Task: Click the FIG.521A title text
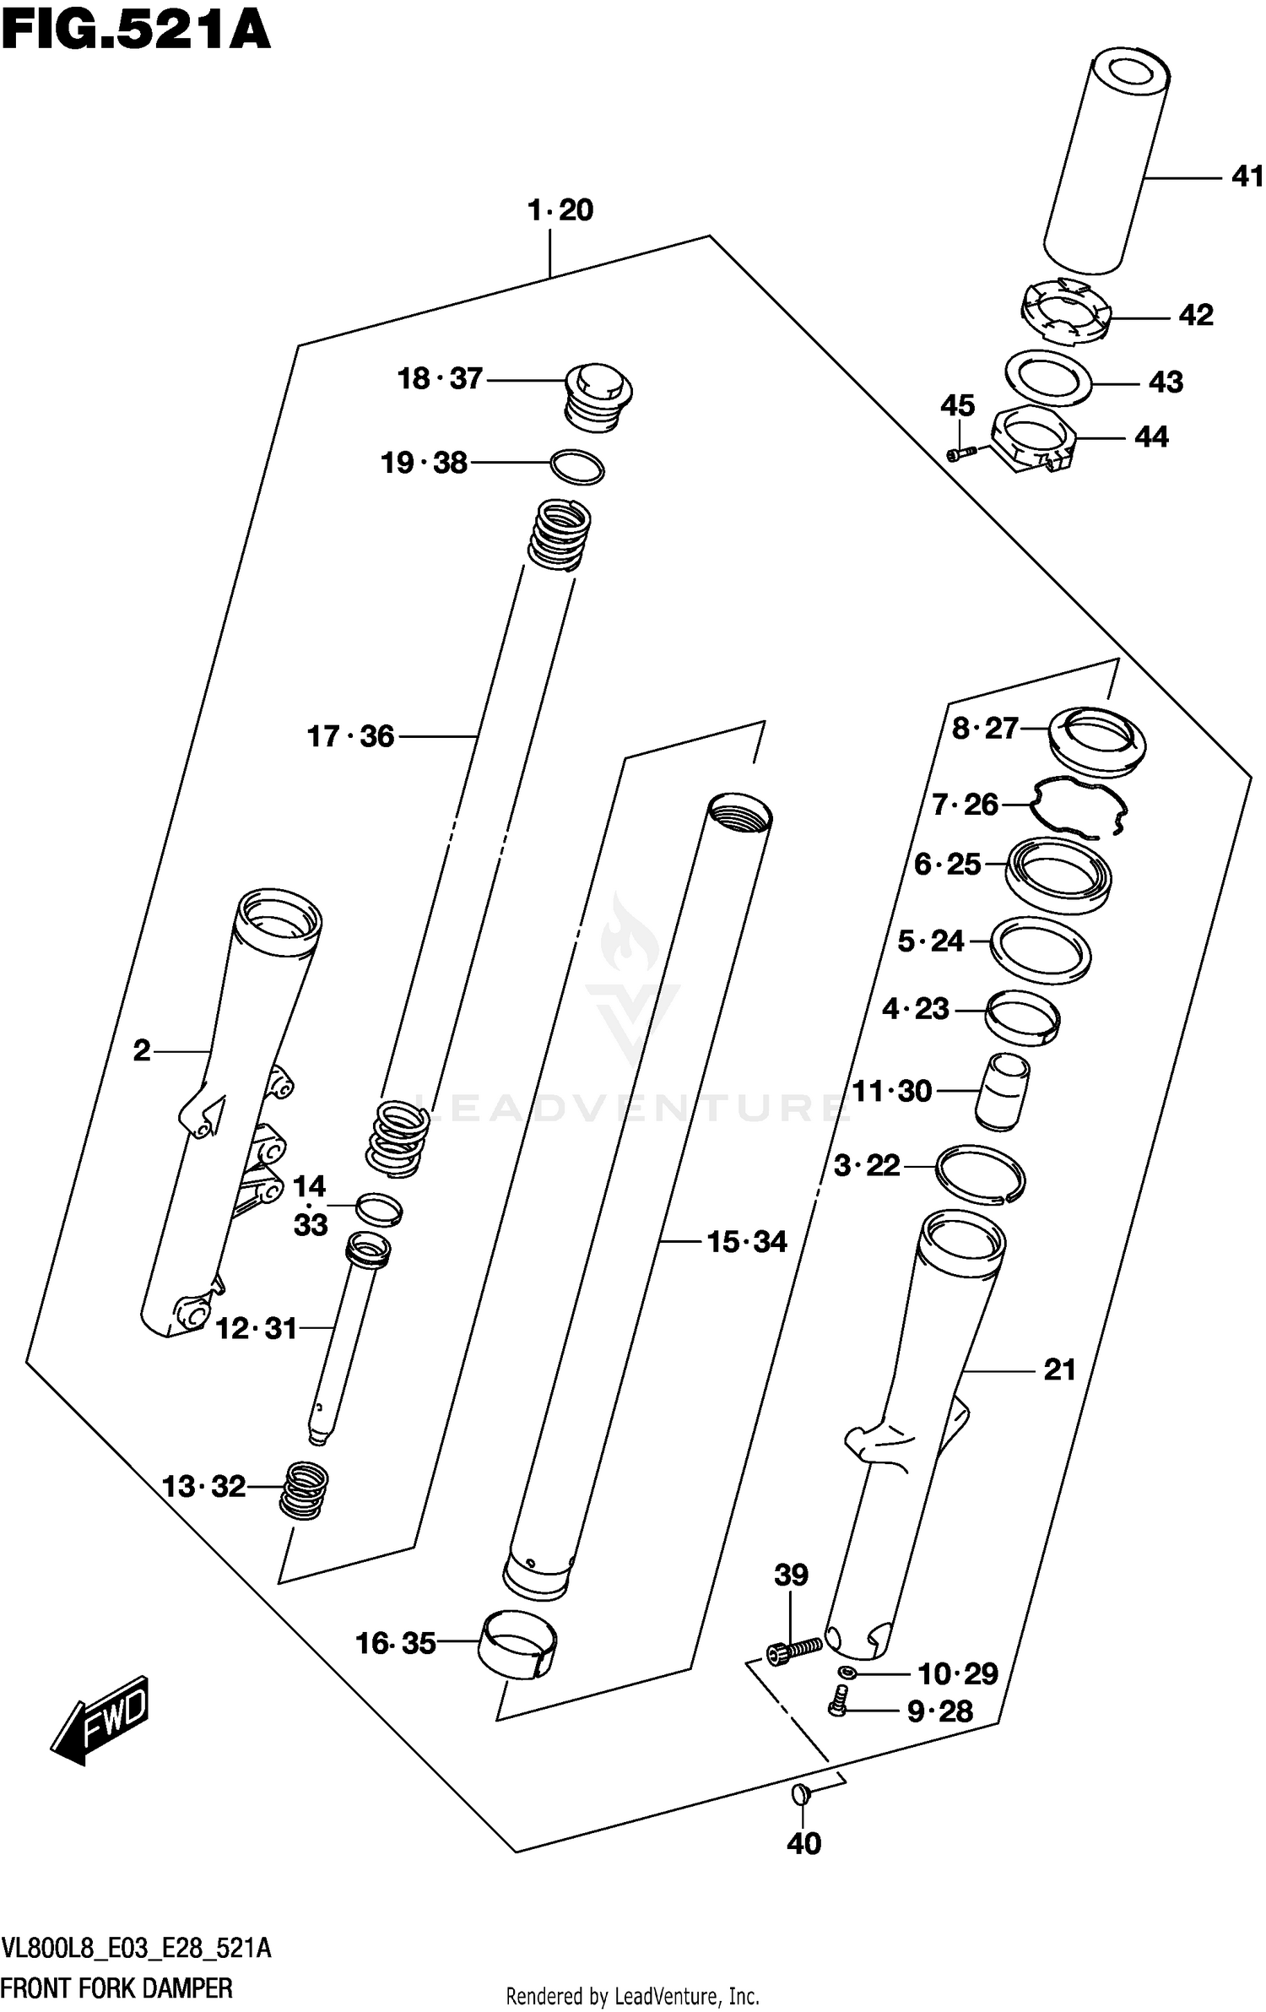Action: pyautogui.click(x=135, y=32)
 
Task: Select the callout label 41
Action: pyautogui.click(x=1247, y=176)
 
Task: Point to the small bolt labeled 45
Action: pyautogui.click(x=960, y=454)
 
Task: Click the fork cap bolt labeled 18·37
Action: pyautogui.click(x=598, y=395)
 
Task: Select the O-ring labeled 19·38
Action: pyautogui.click(x=577, y=467)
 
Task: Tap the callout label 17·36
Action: pyautogui.click(x=350, y=736)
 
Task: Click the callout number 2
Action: pyautogui.click(x=142, y=1050)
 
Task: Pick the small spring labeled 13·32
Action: pyautogui.click(x=304, y=1491)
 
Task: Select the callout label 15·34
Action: pyautogui.click(x=746, y=1241)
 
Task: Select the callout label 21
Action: pyautogui.click(x=1059, y=1369)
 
